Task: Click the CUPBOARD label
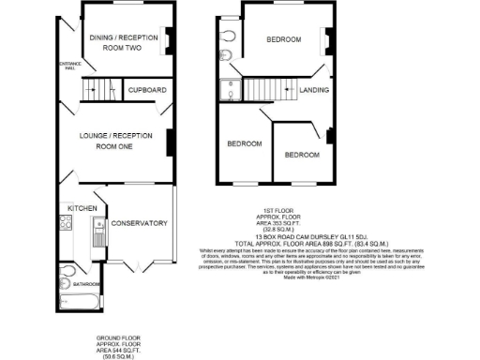[148, 90]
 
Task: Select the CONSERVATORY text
[139, 223]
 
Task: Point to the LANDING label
[313, 91]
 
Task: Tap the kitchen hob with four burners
[65, 224]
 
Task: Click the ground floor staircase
[97, 90]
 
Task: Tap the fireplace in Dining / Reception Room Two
[169, 40]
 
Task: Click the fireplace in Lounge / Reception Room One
[170, 142]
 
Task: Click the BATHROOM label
[87, 284]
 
